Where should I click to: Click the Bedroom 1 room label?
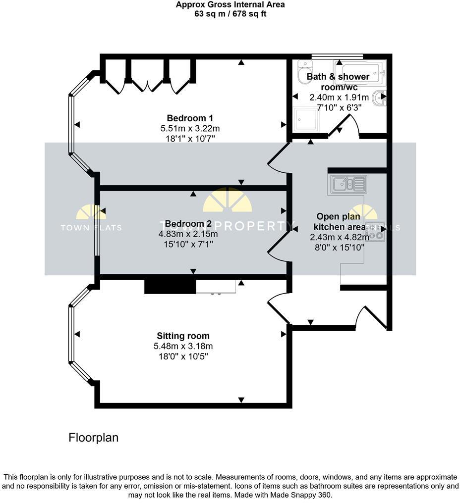click(x=190, y=118)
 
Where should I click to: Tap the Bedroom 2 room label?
click(x=191, y=223)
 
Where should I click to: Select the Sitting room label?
click(x=183, y=336)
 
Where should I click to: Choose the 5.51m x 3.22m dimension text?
click(x=190, y=128)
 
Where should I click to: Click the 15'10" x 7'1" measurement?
click(x=191, y=244)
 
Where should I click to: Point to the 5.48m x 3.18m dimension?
click(x=183, y=346)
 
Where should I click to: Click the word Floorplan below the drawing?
click(x=93, y=438)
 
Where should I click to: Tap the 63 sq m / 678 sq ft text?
click(x=230, y=14)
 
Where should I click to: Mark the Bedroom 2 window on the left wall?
click(x=97, y=230)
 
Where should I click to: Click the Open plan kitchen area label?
click(x=340, y=222)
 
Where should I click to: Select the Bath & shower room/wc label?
click(x=338, y=82)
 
